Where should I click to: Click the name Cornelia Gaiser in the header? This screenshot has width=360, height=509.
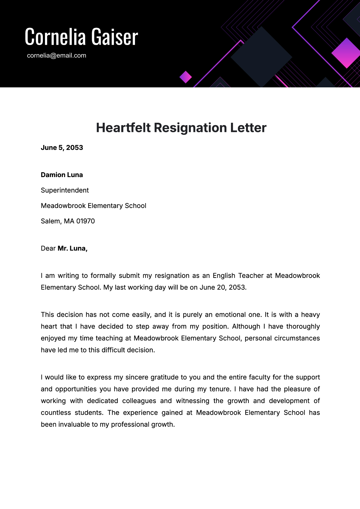[81, 37]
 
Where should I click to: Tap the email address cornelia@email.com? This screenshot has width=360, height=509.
[56, 56]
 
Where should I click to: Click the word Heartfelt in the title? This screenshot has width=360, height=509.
[123, 128]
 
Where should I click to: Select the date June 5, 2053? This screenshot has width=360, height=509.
[62, 148]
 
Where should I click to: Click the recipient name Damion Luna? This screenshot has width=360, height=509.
[62, 175]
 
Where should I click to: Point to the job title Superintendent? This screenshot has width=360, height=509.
[65, 190]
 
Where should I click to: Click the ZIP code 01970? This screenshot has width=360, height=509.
[85, 221]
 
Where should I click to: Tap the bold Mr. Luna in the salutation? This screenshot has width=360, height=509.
[72, 248]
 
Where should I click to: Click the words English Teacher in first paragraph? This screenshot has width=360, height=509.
[238, 276]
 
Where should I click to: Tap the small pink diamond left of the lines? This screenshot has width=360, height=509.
[186, 77]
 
